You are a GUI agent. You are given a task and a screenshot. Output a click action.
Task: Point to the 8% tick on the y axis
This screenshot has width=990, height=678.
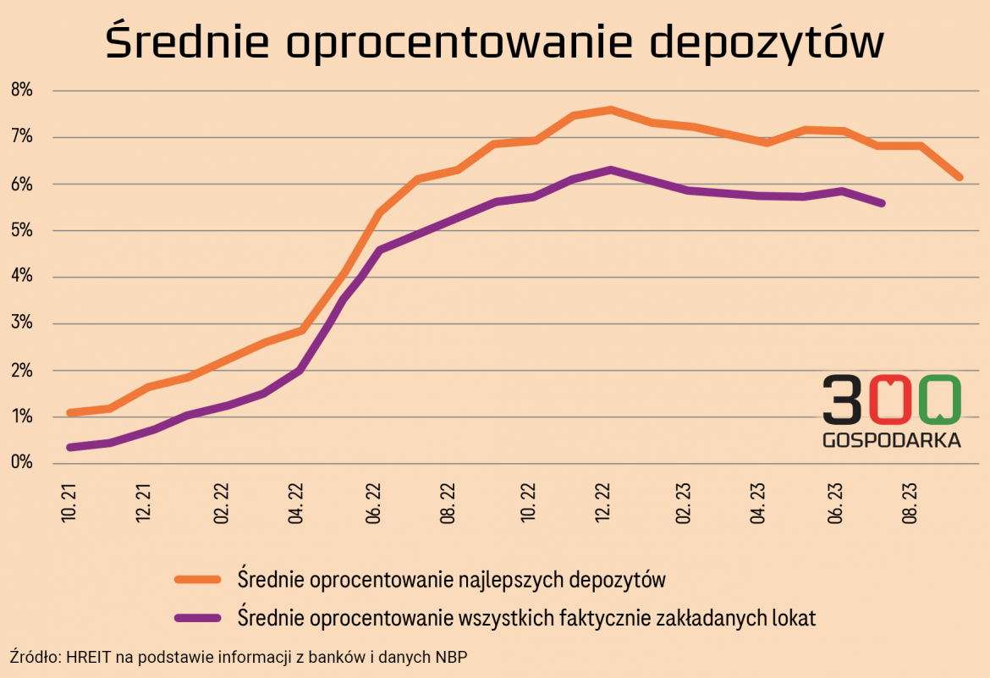20,90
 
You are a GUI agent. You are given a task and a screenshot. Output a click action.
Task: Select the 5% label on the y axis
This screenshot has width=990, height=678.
20,230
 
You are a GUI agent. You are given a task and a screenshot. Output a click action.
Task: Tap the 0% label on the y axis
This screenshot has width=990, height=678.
20,463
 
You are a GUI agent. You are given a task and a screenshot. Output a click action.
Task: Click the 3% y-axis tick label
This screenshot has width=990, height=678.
20,323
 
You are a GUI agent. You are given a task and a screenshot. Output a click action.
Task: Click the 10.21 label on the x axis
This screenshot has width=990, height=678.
69,503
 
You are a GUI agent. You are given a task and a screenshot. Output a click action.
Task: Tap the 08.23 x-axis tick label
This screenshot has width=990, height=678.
911,503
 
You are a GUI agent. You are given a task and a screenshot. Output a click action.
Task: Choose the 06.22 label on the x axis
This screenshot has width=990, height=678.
373,503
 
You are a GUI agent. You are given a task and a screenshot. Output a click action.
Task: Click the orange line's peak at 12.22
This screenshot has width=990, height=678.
610,109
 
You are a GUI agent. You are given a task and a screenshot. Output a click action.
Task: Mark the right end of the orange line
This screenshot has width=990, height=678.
960,178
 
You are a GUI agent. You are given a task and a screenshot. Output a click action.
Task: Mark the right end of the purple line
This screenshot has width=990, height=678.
883,203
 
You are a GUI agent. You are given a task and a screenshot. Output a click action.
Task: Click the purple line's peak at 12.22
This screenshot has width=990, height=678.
610,169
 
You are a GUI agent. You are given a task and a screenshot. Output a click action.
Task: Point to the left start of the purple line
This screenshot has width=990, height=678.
69,447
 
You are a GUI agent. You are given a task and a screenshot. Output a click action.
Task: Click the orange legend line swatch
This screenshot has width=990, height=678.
197,580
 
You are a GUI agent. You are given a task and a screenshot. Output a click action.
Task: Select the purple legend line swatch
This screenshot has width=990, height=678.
197,618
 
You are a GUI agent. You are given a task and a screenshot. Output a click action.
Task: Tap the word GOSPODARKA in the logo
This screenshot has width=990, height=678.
891,440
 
